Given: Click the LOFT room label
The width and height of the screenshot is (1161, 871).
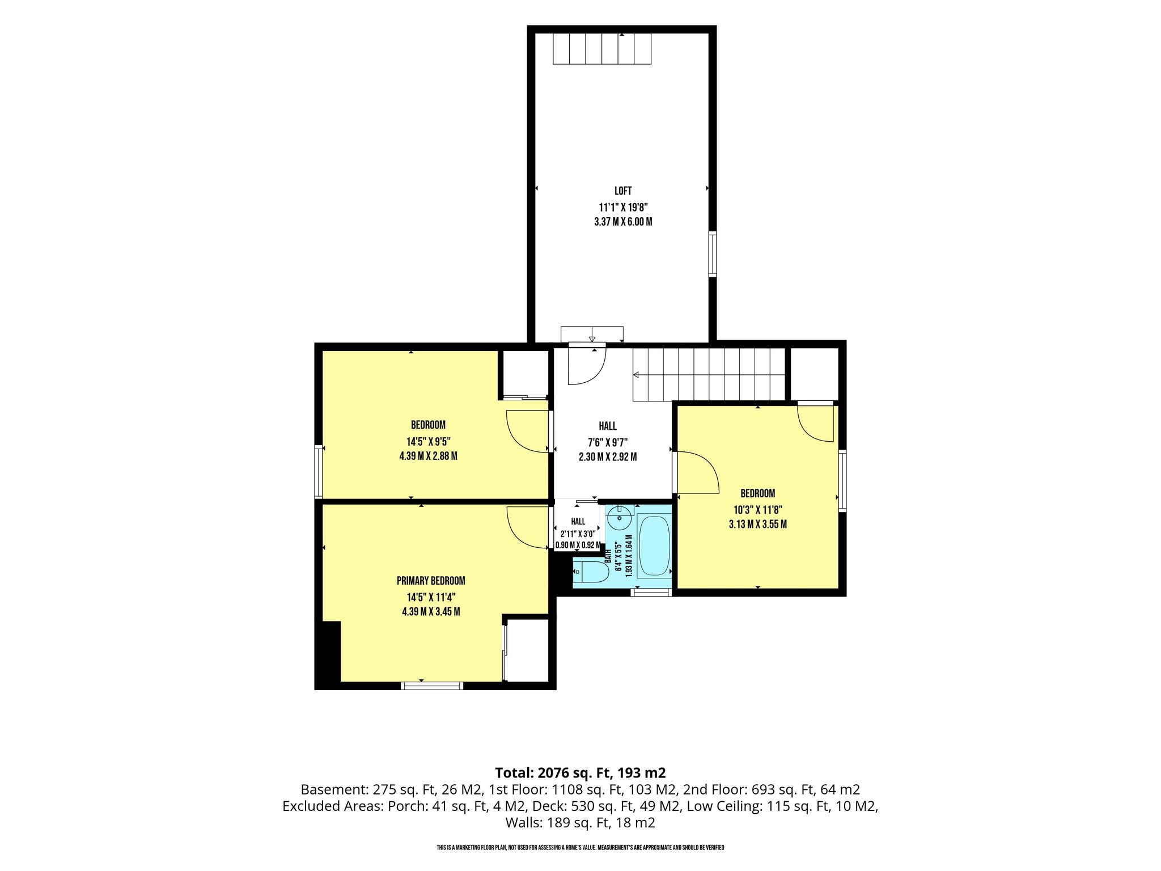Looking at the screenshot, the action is click(x=623, y=191).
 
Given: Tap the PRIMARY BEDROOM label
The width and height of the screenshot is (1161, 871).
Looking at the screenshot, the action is click(x=431, y=581).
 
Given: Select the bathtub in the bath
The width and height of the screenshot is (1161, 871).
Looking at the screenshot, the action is click(x=654, y=547).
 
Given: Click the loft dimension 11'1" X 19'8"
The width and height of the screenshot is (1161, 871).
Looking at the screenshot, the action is click(x=623, y=207).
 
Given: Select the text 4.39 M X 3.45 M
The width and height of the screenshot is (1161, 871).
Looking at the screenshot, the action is click(x=431, y=612).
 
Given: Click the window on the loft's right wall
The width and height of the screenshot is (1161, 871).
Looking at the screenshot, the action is click(x=713, y=254).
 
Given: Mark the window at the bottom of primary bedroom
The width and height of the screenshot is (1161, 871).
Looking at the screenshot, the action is click(x=432, y=686).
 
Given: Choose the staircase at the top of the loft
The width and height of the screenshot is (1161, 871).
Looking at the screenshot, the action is click(x=602, y=49).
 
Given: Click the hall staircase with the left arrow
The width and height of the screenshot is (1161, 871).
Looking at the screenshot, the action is click(x=709, y=375).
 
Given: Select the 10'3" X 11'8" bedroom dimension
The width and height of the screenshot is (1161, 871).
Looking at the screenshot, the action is click(x=758, y=509).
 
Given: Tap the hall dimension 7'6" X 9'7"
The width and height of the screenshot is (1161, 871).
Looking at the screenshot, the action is click(x=608, y=442).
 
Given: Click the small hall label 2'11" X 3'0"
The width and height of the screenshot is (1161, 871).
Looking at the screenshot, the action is click(x=578, y=534).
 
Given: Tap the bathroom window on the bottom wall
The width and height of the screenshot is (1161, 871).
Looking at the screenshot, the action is click(x=651, y=593).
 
